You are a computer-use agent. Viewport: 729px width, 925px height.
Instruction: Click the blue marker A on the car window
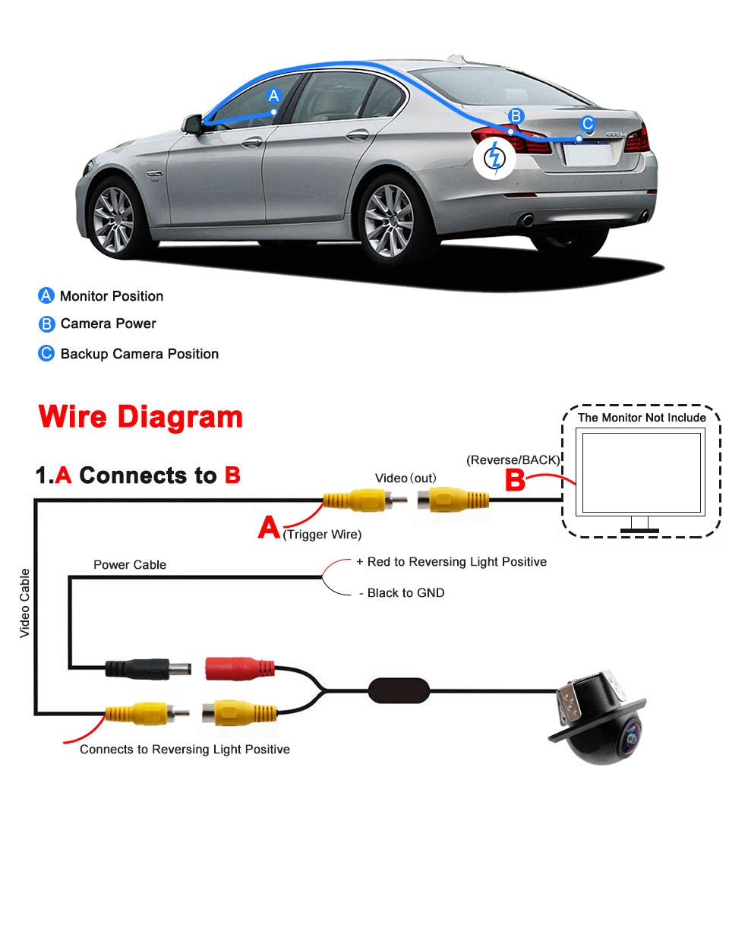pos(274,96)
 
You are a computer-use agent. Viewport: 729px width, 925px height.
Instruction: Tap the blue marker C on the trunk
pos(587,125)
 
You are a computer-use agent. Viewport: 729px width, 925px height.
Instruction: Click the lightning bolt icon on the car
pos(494,158)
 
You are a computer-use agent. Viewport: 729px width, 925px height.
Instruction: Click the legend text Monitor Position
pos(112,296)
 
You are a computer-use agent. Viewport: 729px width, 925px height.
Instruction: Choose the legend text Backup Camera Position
pos(140,354)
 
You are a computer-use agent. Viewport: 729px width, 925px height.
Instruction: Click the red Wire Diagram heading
pos(140,417)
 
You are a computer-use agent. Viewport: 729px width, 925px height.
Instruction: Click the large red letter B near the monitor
pos(515,480)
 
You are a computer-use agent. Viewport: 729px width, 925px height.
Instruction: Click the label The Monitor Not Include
pos(642,418)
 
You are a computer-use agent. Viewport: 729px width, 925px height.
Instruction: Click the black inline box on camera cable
pos(399,691)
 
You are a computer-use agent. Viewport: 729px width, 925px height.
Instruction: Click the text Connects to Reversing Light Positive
pos(185,750)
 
